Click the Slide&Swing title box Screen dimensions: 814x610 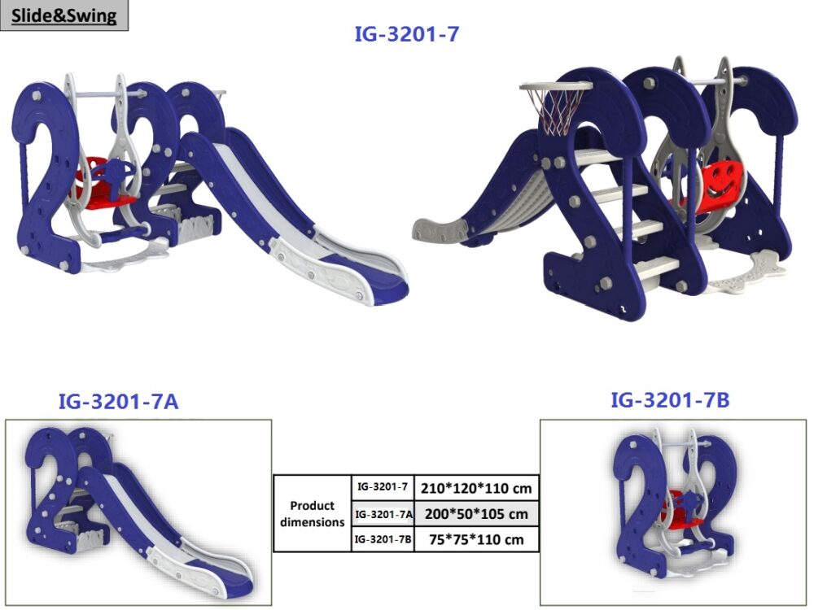[x=63, y=15]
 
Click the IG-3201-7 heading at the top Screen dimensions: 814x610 [x=406, y=34]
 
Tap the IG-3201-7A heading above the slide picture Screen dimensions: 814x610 [x=118, y=402]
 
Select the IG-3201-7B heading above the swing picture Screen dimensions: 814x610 [x=670, y=400]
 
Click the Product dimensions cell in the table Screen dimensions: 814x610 [x=312, y=513]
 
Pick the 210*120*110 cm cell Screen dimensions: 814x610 [x=476, y=488]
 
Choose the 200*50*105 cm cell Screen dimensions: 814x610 [x=476, y=514]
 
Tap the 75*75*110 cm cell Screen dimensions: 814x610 [x=476, y=539]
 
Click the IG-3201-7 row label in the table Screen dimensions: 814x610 [x=383, y=487]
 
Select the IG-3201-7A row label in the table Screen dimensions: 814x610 [x=383, y=515]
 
